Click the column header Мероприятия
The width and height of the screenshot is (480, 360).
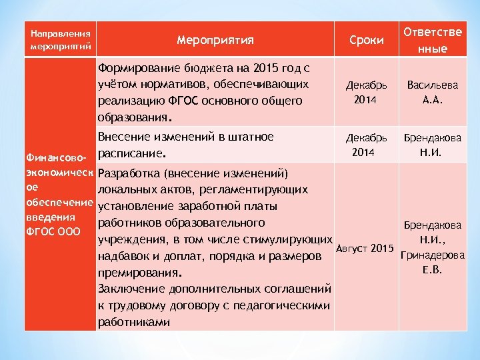coord(215,40)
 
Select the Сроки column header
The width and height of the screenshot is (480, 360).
coord(366,40)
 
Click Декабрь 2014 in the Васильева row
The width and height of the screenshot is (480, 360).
coord(366,93)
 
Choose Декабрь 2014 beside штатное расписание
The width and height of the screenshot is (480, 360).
coord(366,145)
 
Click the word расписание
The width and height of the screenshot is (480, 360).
coord(129,153)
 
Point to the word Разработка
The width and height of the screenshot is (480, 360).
coord(130,173)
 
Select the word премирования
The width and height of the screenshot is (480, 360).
coord(138,273)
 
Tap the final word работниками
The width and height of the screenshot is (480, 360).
coord(133,322)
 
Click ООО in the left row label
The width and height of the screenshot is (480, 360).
coord(68,231)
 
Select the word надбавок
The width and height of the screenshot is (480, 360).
coord(124,256)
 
